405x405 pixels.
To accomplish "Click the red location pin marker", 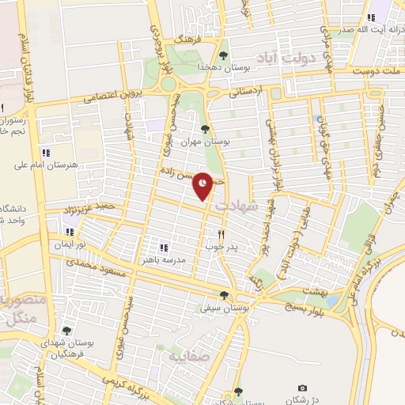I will point(203,184).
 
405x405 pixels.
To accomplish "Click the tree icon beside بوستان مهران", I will point(205,129).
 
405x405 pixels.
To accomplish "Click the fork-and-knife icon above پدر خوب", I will point(221,233).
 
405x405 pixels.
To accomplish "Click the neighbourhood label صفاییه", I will point(184,356).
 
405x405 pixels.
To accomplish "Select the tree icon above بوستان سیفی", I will point(224,295).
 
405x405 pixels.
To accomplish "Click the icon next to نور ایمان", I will point(70,233).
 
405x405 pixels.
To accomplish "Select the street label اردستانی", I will point(244,92).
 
